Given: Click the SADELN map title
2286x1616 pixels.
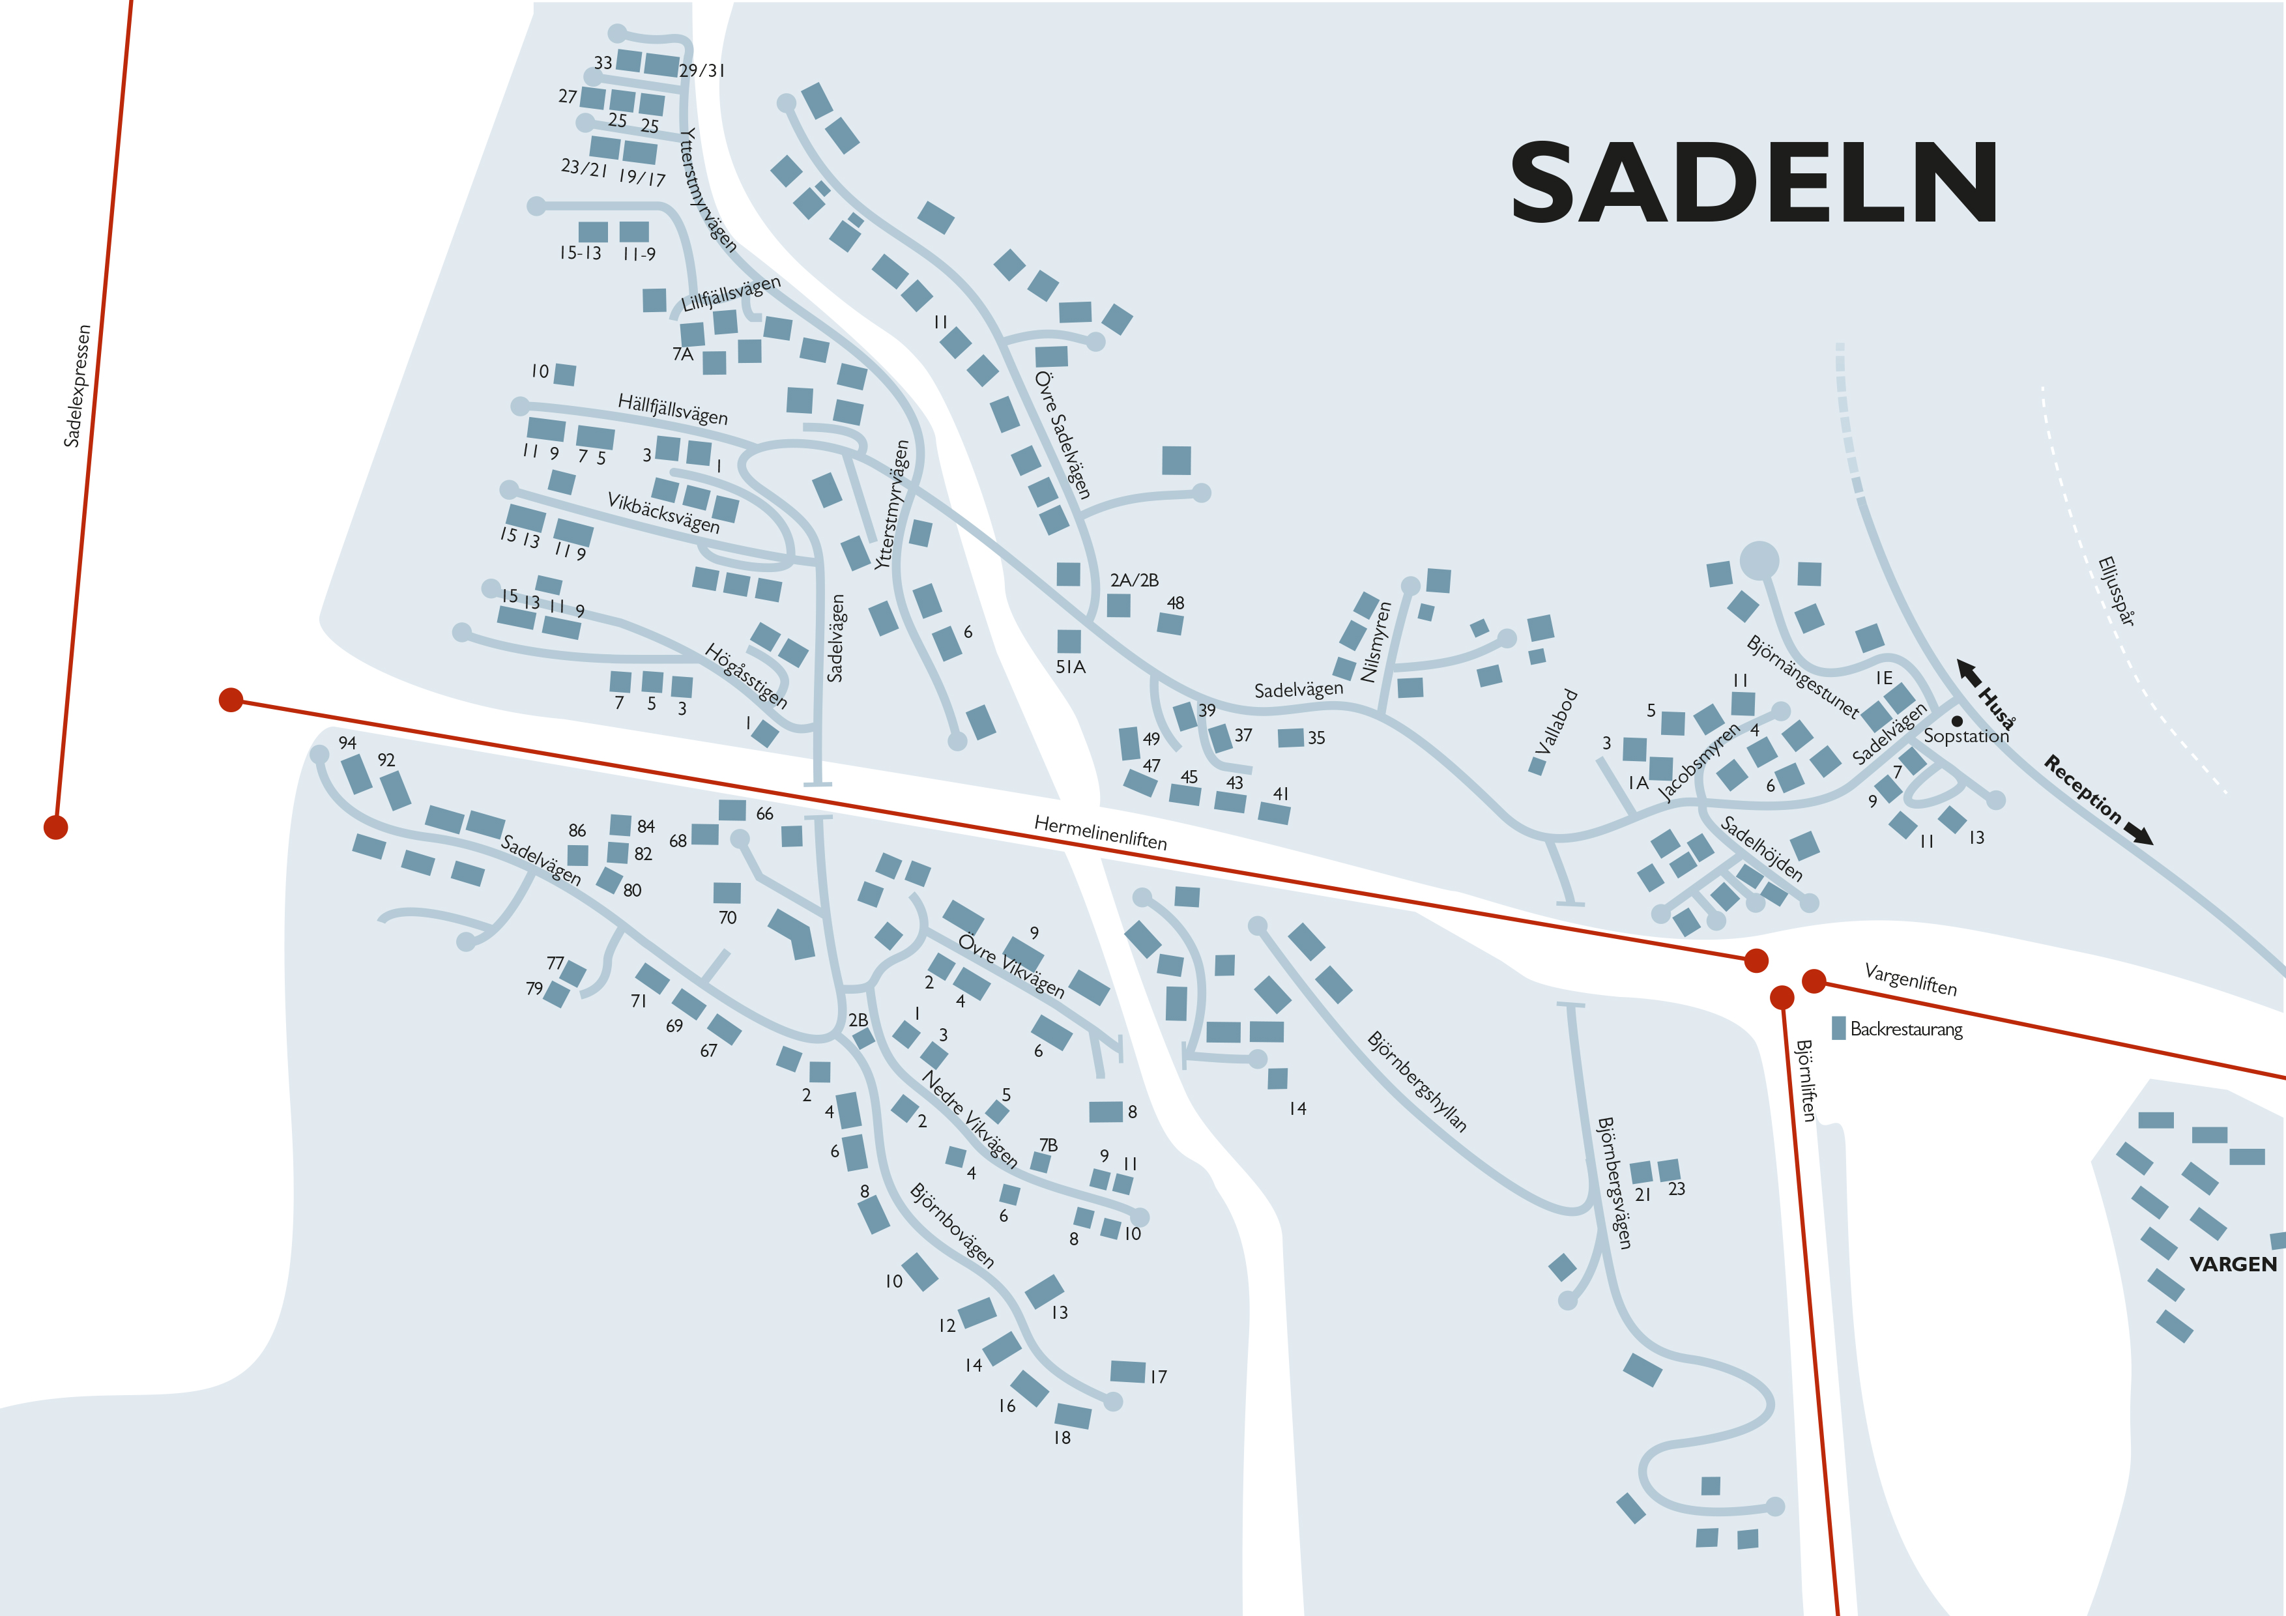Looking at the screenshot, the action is (x=1754, y=182).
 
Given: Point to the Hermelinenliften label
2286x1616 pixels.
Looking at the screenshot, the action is (x=1099, y=831).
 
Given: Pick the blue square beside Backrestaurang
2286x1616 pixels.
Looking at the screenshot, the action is (x=1838, y=1028).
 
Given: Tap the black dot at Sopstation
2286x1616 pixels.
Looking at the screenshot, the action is (x=1956, y=721).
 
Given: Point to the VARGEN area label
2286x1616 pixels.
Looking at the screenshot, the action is (x=2232, y=1263).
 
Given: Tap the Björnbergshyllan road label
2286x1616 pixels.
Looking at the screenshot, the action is (x=1416, y=1081).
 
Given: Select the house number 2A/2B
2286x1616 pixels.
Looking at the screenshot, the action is (x=1134, y=579).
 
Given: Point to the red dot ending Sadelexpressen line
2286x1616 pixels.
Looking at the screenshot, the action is (x=56, y=826).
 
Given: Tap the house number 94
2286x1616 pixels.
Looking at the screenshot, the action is (x=347, y=743).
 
